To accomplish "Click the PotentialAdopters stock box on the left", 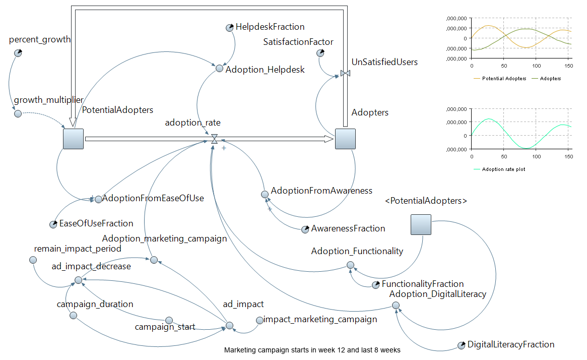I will click(x=73, y=139).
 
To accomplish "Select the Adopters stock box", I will click(x=345, y=139).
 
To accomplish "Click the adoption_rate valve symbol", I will click(x=214, y=139).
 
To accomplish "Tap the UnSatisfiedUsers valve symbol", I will click(x=345, y=74).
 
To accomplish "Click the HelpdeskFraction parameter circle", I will click(x=229, y=27).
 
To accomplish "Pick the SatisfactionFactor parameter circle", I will click(x=320, y=53).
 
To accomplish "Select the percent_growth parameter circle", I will click(x=18, y=53).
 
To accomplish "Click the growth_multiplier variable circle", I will click(x=18, y=113).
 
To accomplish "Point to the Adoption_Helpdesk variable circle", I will click(x=219, y=69).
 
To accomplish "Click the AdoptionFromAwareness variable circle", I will click(x=265, y=194).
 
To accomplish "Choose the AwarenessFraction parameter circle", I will click(x=305, y=229).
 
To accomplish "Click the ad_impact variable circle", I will click(x=229, y=325).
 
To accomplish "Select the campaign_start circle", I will click(x=169, y=320).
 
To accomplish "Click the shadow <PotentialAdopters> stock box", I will click(x=421, y=224).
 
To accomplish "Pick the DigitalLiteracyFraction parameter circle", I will click(x=461, y=345).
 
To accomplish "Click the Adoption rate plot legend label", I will click(x=503, y=169).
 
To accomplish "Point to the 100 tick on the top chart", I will click(x=536, y=66).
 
